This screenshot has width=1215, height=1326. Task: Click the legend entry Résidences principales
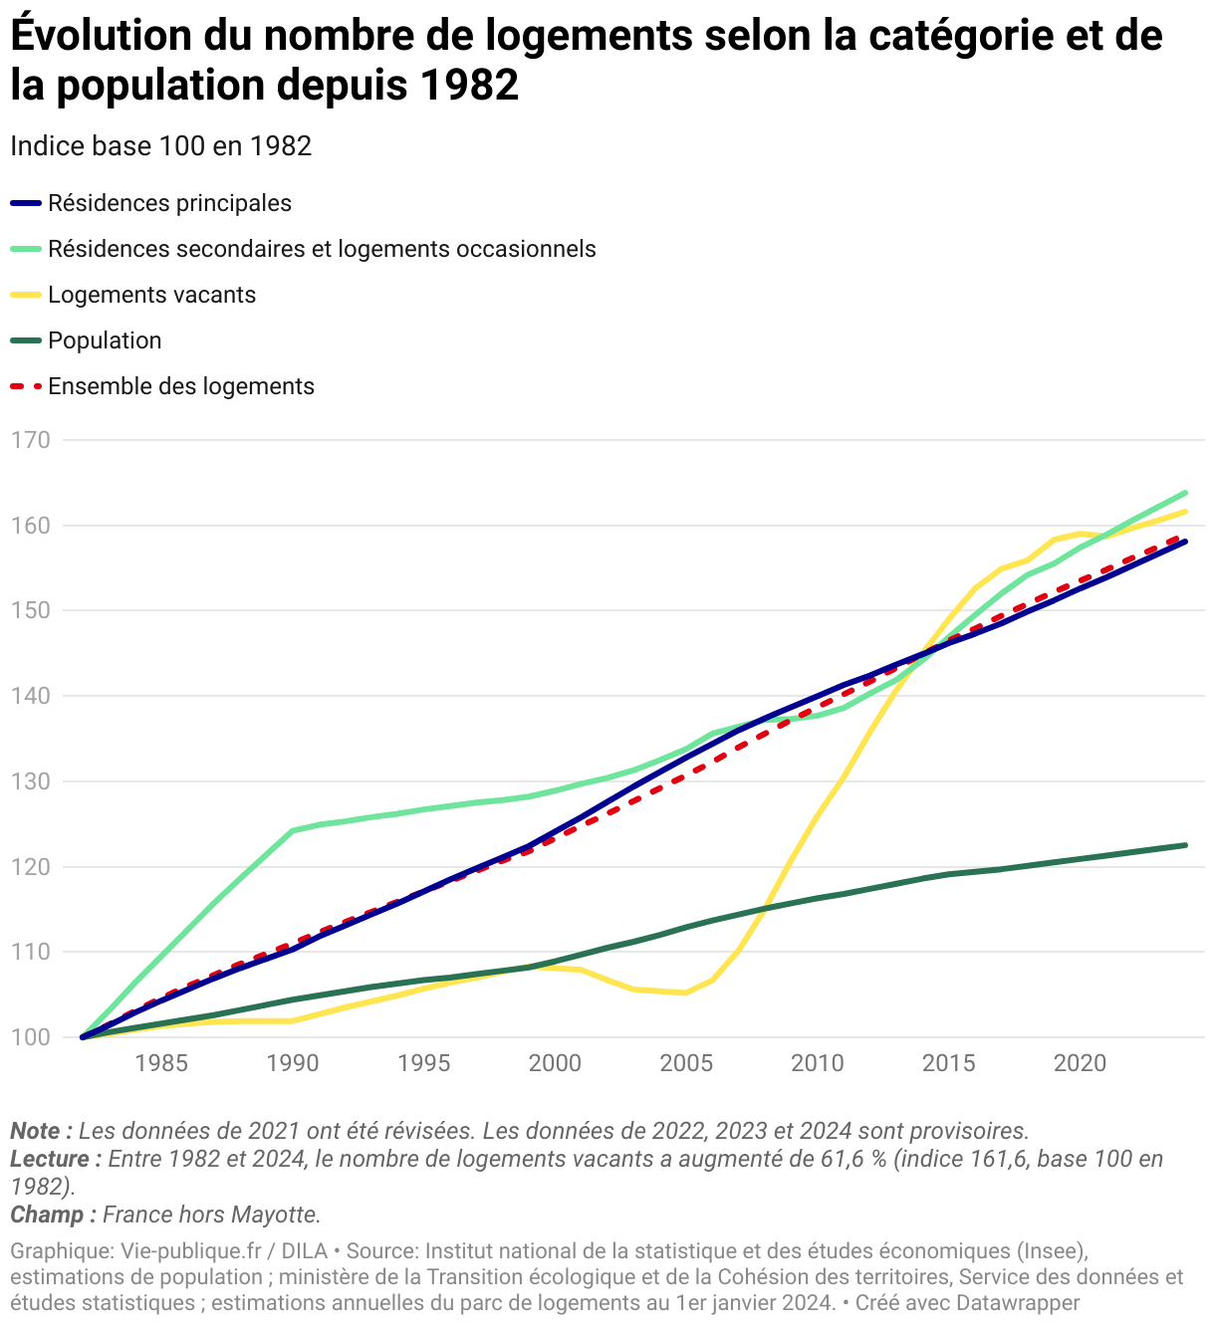coord(169,203)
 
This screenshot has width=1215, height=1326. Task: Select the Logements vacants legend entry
coord(151,295)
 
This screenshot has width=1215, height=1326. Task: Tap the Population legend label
coord(105,340)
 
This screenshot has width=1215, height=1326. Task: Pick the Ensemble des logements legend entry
coord(180,386)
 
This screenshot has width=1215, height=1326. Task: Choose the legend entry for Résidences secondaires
coord(322,249)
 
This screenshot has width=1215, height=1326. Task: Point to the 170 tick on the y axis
coord(30,439)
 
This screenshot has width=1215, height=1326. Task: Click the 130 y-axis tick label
coord(30,781)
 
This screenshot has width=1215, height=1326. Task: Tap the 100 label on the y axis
coord(30,1037)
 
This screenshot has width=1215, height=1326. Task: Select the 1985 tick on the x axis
coord(161,1063)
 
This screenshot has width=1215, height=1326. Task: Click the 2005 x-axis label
coord(686,1063)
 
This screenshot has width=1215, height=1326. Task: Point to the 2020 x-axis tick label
coord(1080,1063)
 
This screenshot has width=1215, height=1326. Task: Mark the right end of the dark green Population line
coord(1185,845)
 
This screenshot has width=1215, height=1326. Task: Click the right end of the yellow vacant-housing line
coord(1185,512)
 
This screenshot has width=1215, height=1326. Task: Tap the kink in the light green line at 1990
coord(293,830)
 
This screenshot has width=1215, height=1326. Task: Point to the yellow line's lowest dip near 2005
coord(685,993)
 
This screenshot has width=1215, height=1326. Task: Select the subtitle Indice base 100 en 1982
coord(160,146)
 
